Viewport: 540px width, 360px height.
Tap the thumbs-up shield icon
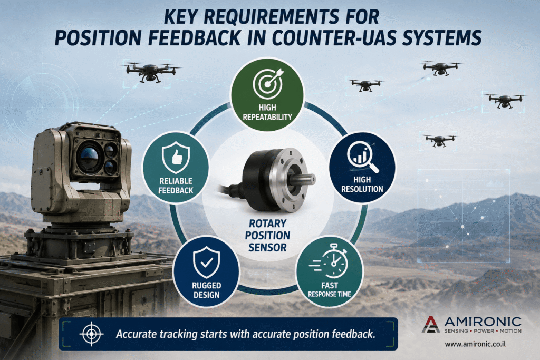[x=176, y=157]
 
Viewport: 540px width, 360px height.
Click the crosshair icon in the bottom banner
[x=91, y=334]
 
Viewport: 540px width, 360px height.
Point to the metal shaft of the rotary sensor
[x=305, y=180]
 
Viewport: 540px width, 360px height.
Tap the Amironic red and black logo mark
[x=431, y=324]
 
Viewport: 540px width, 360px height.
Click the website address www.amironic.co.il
[x=475, y=344]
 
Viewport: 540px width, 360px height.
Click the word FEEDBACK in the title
[x=194, y=38]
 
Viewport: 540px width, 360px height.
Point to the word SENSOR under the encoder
[x=267, y=247]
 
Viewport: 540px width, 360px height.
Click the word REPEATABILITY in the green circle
[x=267, y=117]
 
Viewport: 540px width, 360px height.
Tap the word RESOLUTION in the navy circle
[x=362, y=189]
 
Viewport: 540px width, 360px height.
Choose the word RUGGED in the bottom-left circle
[x=206, y=285]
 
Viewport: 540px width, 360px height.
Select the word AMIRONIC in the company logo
[x=483, y=322]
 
